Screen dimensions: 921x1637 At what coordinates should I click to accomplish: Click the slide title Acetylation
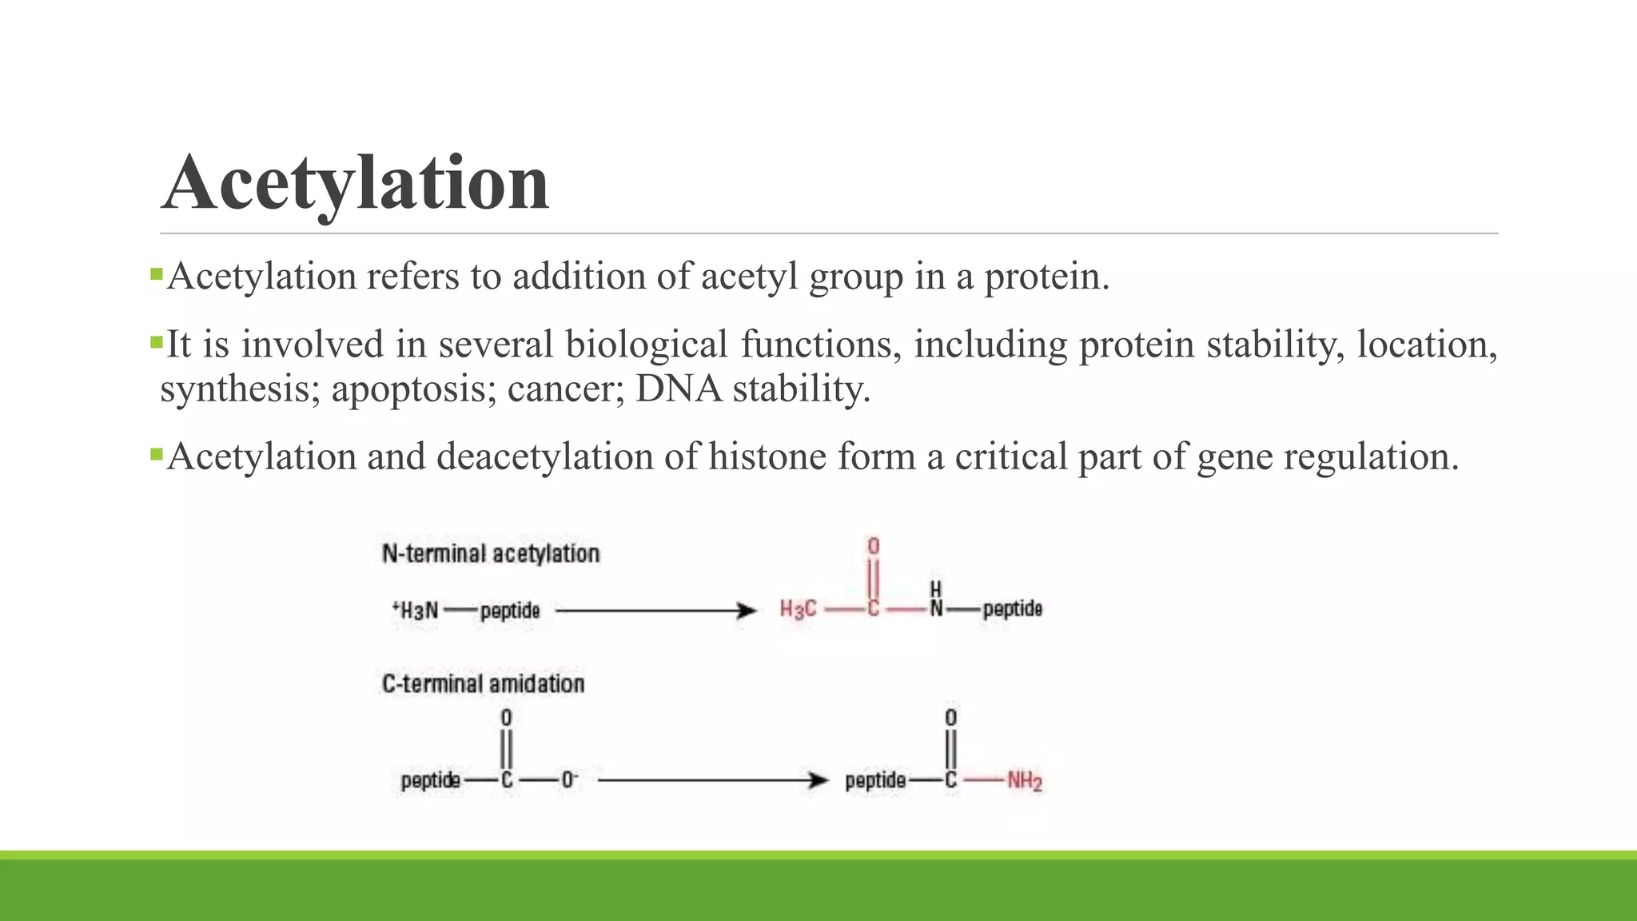coord(356,184)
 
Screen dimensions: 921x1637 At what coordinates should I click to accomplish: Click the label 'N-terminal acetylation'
coord(491,553)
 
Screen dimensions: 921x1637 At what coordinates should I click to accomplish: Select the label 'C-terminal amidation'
coord(483,684)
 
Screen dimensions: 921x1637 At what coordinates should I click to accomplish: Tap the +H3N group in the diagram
coord(416,611)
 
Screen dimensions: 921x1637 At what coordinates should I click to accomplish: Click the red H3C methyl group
coord(798,610)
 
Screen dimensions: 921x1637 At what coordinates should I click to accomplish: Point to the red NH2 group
coord(1024,780)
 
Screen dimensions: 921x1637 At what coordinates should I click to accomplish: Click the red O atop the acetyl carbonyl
coord(873,546)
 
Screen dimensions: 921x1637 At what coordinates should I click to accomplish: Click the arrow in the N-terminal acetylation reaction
coord(655,611)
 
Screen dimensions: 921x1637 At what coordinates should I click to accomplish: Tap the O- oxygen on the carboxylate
coord(568,779)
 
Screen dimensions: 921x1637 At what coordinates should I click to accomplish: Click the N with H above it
coord(935,609)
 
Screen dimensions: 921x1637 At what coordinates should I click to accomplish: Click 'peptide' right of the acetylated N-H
coord(1012,609)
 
